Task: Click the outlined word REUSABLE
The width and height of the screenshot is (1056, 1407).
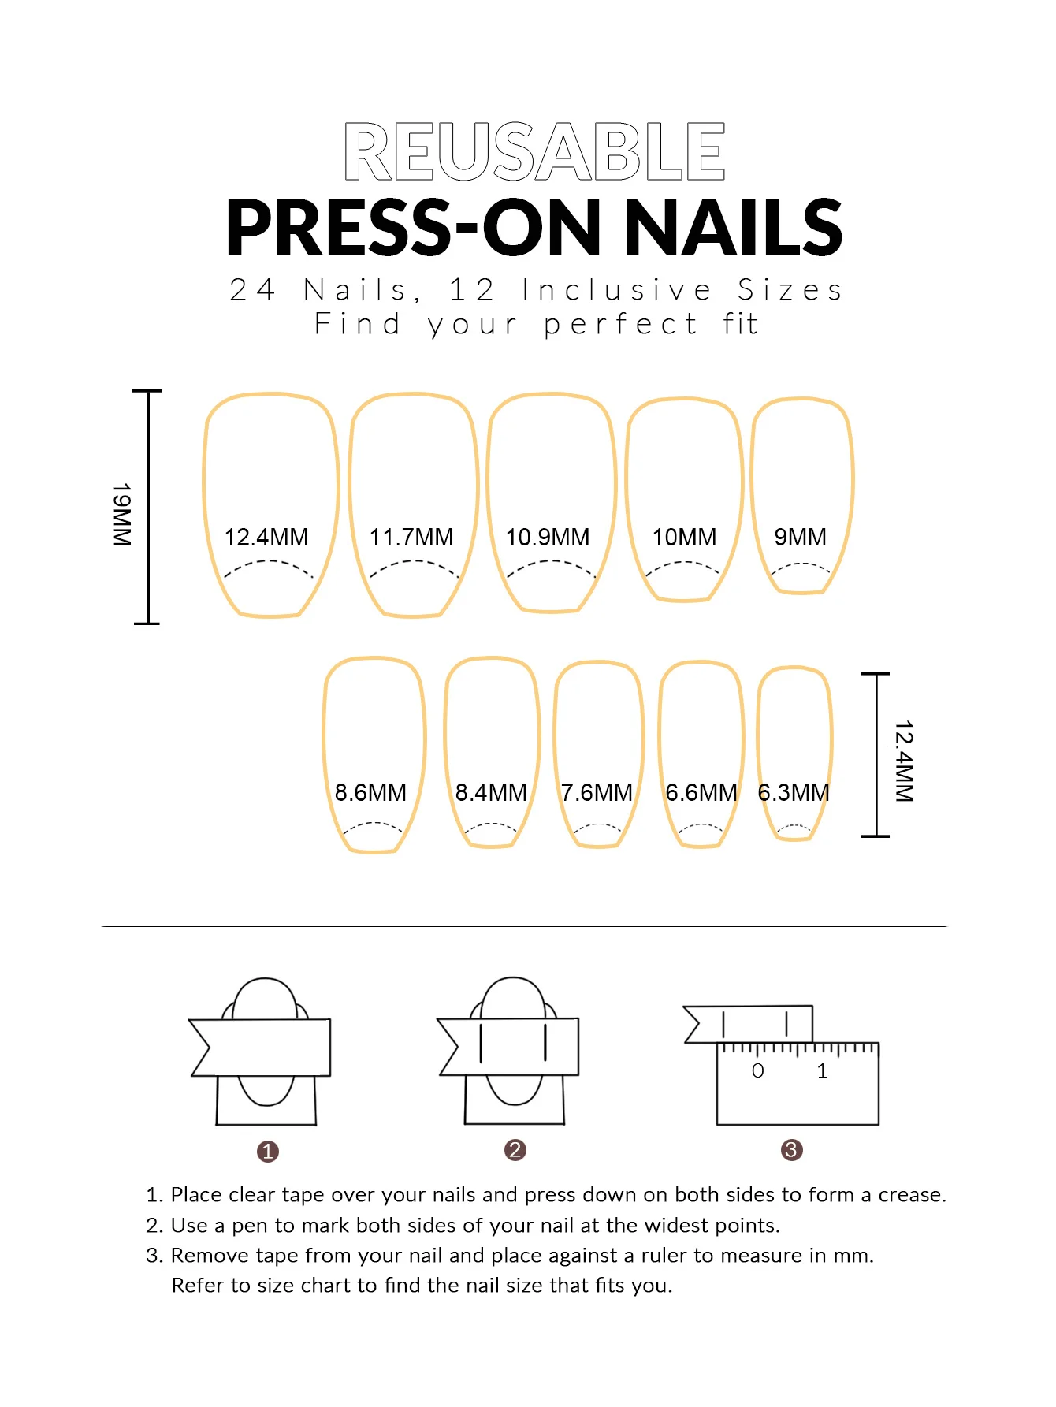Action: tap(534, 151)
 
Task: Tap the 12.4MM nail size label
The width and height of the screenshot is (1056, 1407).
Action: tap(266, 538)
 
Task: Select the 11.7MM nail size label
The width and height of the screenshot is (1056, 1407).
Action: tap(411, 538)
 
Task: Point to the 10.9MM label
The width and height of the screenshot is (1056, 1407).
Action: tap(548, 538)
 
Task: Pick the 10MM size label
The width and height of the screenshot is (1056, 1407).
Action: tap(684, 538)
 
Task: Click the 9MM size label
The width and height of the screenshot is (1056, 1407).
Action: tap(801, 538)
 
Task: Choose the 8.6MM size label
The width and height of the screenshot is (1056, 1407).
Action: tap(370, 792)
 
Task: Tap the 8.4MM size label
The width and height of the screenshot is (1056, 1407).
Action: tap(491, 792)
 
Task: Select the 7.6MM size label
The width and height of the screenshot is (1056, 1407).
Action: tap(597, 792)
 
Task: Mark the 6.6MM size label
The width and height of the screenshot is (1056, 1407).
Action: tap(701, 792)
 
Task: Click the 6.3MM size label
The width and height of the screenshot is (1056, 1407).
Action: tap(794, 792)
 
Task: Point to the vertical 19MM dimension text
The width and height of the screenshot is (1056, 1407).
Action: tap(121, 515)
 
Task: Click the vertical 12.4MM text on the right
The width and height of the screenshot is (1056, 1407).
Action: tap(904, 761)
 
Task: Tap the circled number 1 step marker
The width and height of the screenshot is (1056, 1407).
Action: tap(268, 1152)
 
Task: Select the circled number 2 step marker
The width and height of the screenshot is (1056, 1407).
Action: tap(515, 1150)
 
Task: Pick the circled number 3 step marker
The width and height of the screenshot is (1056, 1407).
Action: tap(792, 1150)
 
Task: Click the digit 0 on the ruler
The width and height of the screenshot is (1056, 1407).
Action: tap(758, 1070)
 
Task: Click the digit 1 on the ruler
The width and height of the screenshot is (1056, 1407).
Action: tap(822, 1070)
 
